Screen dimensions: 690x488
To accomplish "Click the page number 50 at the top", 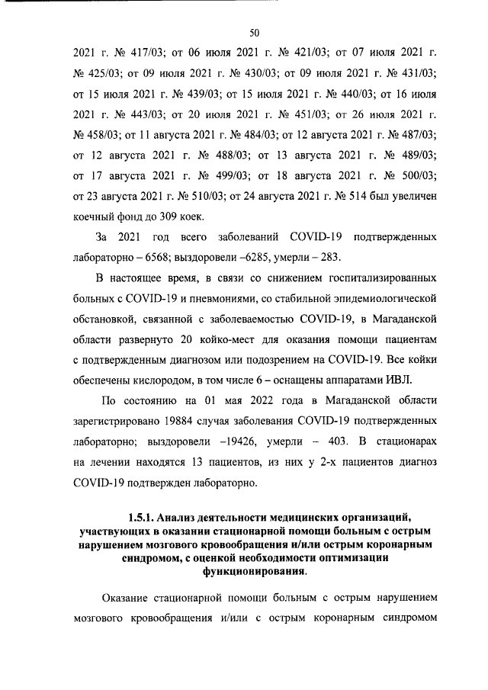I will tap(255, 32).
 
